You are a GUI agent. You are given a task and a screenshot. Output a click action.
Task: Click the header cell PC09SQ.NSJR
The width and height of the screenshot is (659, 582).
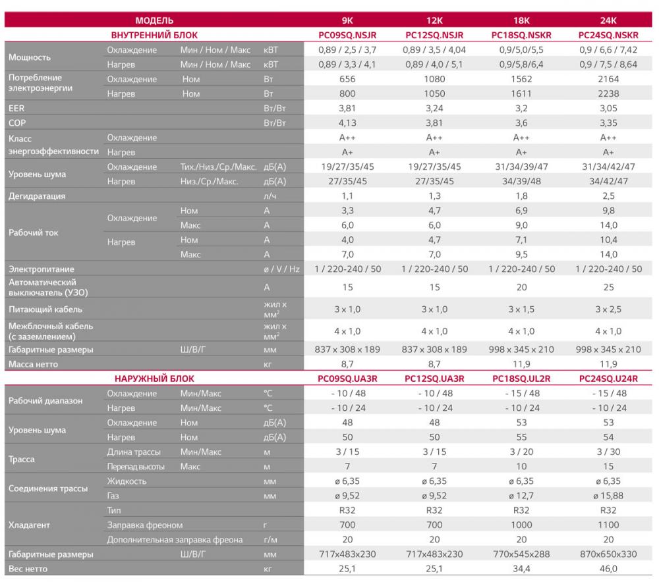[x=348, y=34]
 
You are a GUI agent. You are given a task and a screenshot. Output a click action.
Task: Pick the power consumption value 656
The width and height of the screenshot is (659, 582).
[x=348, y=79]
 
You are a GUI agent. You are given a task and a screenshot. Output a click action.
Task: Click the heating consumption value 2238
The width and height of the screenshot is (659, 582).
[x=610, y=93]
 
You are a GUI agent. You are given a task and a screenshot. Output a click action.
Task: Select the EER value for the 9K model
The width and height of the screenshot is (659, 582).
[x=348, y=108]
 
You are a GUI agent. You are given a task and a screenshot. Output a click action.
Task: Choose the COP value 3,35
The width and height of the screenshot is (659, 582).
[x=610, y=122]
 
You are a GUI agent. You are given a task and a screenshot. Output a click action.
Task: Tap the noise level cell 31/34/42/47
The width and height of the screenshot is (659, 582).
[x=610, y=167]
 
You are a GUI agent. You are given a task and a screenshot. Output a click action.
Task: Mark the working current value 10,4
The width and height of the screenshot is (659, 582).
[x=610, y=240]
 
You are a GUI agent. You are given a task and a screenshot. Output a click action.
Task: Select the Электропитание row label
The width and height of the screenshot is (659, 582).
[x=41, y=269]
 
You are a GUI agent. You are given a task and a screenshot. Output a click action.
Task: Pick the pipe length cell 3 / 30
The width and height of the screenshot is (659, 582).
[x=610, y=451]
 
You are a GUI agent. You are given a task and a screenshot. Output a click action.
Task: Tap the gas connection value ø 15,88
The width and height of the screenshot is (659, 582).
[x=610, y=495]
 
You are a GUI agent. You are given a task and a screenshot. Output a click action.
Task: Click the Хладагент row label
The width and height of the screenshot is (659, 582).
[x=30, y=525]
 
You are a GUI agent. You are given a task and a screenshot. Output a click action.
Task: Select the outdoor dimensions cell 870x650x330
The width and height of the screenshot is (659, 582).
[x=610, y=554]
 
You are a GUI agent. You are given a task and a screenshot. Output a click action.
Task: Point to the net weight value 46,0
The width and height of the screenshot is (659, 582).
[x=610, y=569]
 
